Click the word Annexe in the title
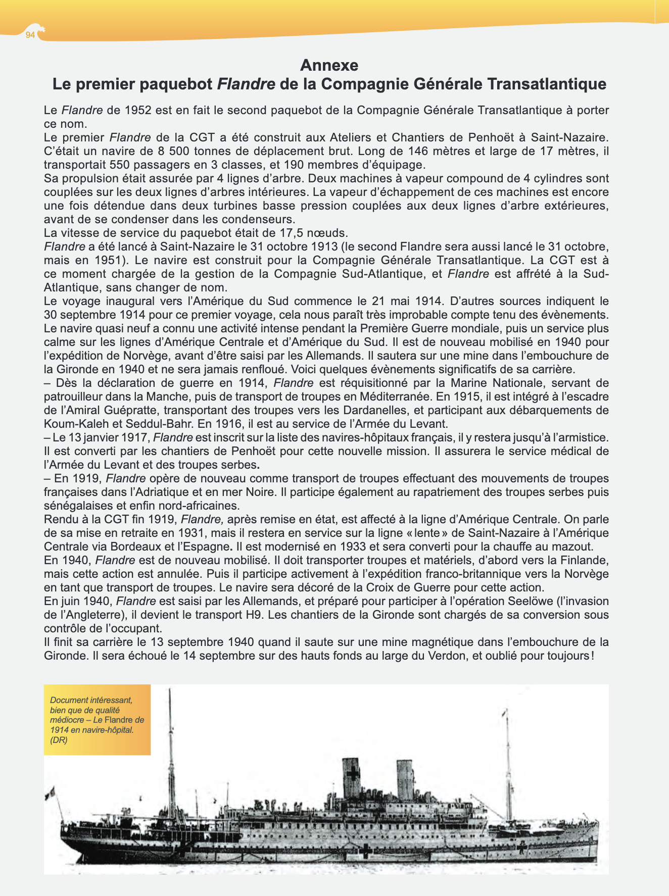click(x=329, y=65)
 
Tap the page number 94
click(x=30, y=35)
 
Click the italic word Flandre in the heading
click(x=246, y=84)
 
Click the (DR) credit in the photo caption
click(x=59, y=740)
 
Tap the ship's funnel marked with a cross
click(x=351, y=778)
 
